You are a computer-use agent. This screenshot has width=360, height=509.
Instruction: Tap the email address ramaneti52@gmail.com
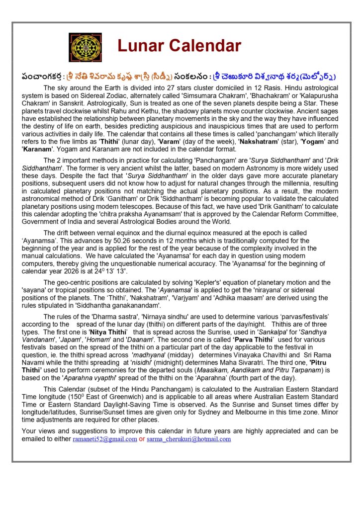(104, 439)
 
